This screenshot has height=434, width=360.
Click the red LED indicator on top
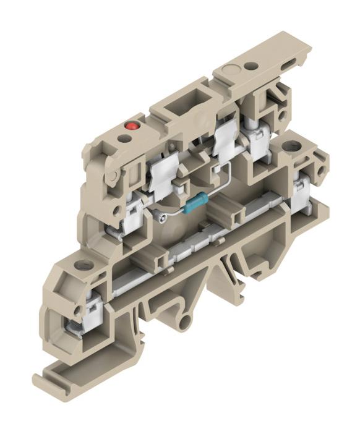pos(131,126)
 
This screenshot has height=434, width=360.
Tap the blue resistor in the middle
pos(195,202)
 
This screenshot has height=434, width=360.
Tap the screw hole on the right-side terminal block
pos(291,147)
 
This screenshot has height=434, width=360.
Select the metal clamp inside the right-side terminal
pos(302,195)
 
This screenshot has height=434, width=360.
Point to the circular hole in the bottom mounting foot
pos(184,320)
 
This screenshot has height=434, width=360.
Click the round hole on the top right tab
pos(252,66)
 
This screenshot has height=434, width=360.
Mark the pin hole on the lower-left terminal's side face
pos(77,310)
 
